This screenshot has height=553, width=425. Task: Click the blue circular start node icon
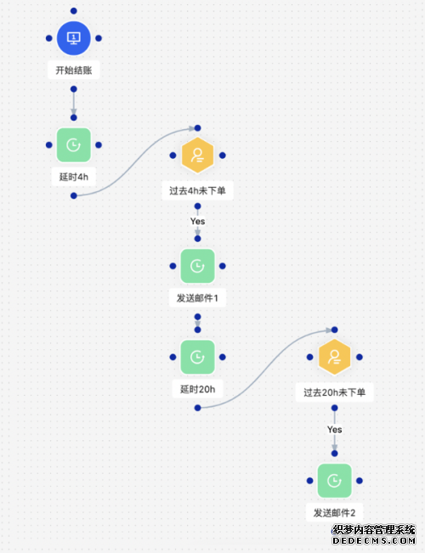(73, 38)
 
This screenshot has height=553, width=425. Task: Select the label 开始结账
(74, 71)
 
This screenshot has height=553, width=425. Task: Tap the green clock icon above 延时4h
(73, 145)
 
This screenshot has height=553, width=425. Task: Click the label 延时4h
(74, 177)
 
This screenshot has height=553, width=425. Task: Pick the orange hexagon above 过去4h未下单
(198, 155)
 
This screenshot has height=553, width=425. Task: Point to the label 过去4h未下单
(197, 191)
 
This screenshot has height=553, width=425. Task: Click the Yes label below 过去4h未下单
(198, 221)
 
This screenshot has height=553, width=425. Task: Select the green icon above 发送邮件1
(198, 266)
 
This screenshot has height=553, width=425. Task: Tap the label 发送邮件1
(197, 298)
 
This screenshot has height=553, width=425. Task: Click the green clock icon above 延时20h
(198, 357)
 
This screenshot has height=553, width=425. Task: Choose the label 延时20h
(198, 389)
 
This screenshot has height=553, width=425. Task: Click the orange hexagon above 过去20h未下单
(335, 357)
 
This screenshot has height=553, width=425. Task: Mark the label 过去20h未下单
(334, 392)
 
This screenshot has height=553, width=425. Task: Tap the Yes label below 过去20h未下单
(335, 430)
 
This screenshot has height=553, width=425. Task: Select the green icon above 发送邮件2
(335, 481)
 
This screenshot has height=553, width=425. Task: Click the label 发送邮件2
(334, 513)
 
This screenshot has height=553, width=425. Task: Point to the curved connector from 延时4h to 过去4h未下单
(135, 162)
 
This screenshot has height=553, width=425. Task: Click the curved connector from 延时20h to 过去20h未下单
(266, 369)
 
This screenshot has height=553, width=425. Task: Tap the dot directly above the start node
(73, 11)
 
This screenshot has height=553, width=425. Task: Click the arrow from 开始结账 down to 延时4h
(73, 103)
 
